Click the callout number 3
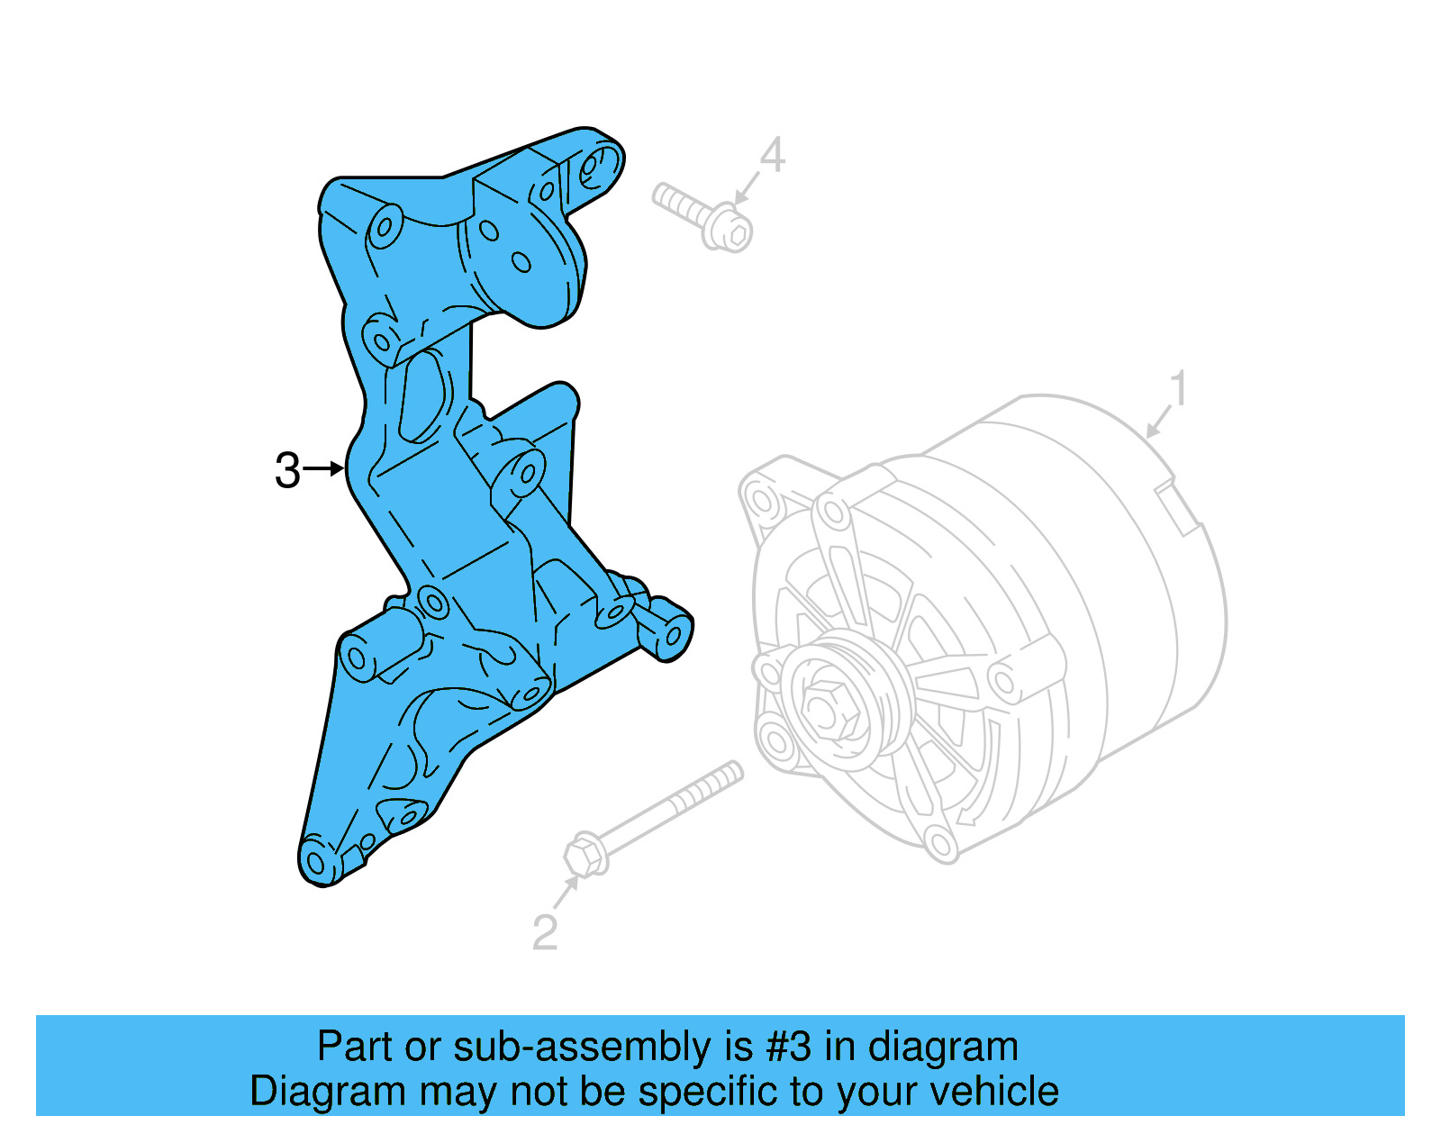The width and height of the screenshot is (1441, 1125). pos(287,470)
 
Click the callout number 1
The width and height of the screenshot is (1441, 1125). pos(1178,389)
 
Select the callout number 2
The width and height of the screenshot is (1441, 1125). pos(545,933)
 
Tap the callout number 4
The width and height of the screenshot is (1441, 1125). pos(772,155)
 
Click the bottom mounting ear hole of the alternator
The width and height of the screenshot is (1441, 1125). pos(941,845)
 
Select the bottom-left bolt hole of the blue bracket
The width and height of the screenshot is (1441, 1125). pos(315,862)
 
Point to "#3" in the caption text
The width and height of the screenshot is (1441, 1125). pos(788,1048)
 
